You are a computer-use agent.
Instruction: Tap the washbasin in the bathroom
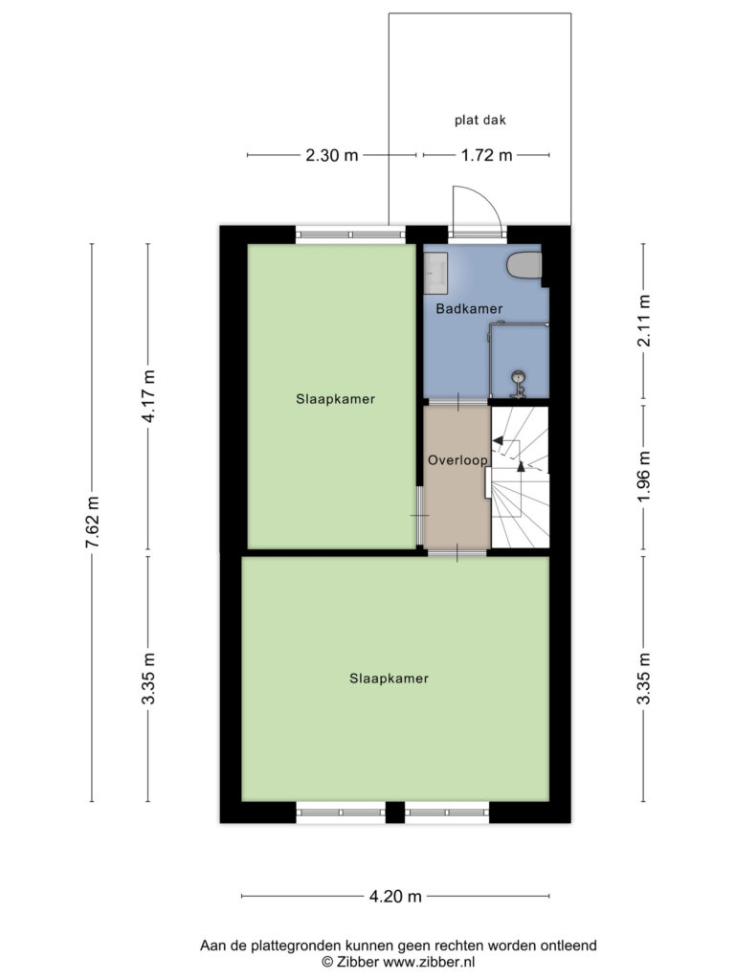click(435, 273)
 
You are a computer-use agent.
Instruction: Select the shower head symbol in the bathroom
click(518, 384)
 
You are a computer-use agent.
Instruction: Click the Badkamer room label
click(469, 308)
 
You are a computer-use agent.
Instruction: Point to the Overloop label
click(457, 460)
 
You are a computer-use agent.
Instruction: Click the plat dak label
click(480, 120)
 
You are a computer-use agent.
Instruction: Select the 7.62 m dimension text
click(93, 522)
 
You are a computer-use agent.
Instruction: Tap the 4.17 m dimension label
click(148, 396)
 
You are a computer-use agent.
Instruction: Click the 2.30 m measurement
click(332, 155)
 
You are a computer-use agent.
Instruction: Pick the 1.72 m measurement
click(486, 155)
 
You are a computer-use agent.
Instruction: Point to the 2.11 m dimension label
click(644, 320)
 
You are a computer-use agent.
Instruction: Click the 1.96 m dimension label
click(644, 477)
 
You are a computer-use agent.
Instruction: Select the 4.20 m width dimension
click(395, 896)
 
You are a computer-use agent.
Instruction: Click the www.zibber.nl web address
click(430, 962)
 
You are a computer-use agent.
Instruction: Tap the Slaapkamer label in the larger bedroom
click(389, 679)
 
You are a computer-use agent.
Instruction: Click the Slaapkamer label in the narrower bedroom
click(336, 399)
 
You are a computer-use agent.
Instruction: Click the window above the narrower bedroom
click(350, 235)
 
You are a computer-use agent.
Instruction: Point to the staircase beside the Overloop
click(519, 478)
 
